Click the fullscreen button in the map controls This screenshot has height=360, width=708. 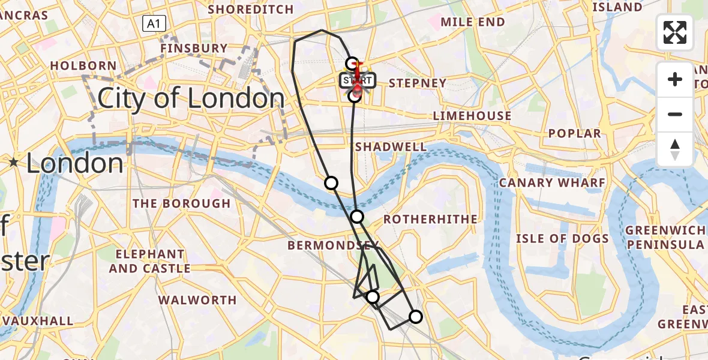coord(675,32)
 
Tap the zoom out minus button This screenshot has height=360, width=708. coord(675,114)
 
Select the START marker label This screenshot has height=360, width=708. coord(358,80)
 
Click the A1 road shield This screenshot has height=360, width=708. coord(154,24)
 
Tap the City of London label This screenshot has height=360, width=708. coord(191,98)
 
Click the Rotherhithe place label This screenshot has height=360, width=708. coord(431,220)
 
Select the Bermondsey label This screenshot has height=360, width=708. coord(333,245)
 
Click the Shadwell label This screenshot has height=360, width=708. coord(391,147)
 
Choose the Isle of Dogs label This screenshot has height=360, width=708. coord(562,239)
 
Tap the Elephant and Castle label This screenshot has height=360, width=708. coord(149,262)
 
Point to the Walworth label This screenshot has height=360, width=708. coord(197,300)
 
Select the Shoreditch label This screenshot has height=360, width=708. coord(250,10)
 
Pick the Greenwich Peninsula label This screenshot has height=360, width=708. coord(665,238)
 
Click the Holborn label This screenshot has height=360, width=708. coord(83,65)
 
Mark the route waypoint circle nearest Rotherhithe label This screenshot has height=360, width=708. coord(357,217)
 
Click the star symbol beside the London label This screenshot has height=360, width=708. coord(13,162)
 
